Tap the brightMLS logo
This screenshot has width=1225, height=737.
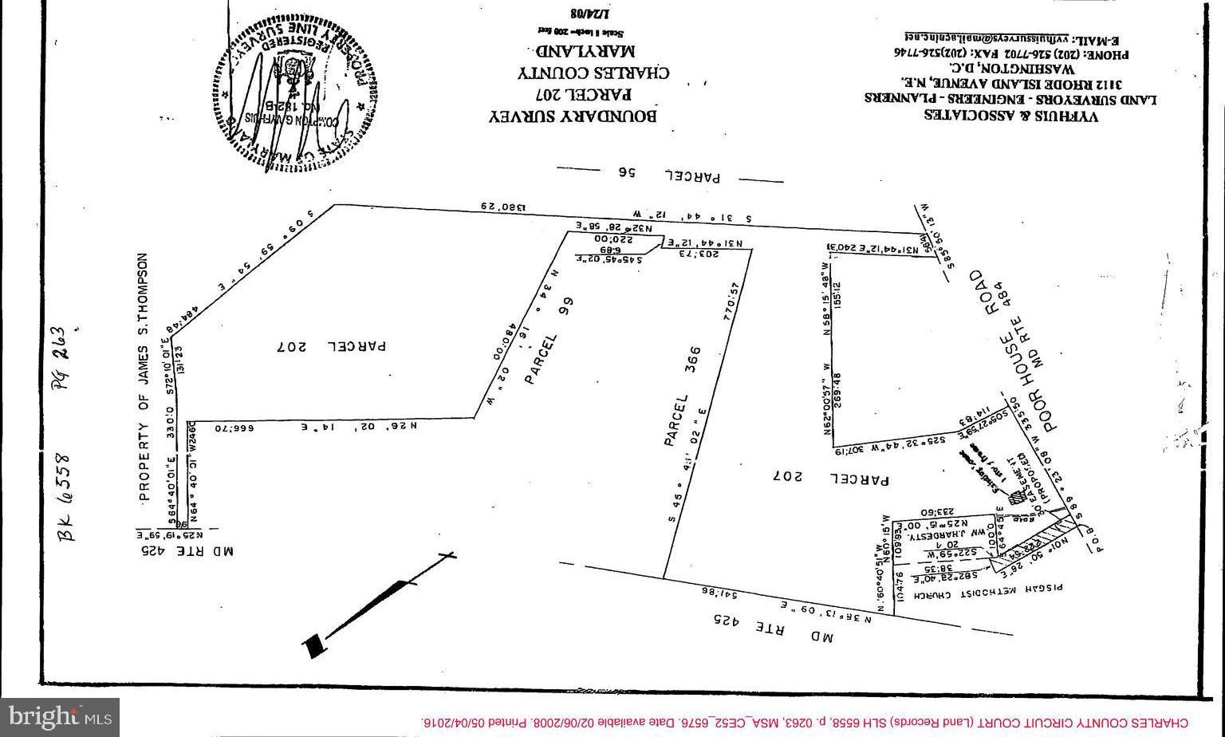[60, 717]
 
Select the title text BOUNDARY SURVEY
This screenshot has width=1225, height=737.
[572, 116]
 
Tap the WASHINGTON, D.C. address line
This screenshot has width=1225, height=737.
[1012, 67]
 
